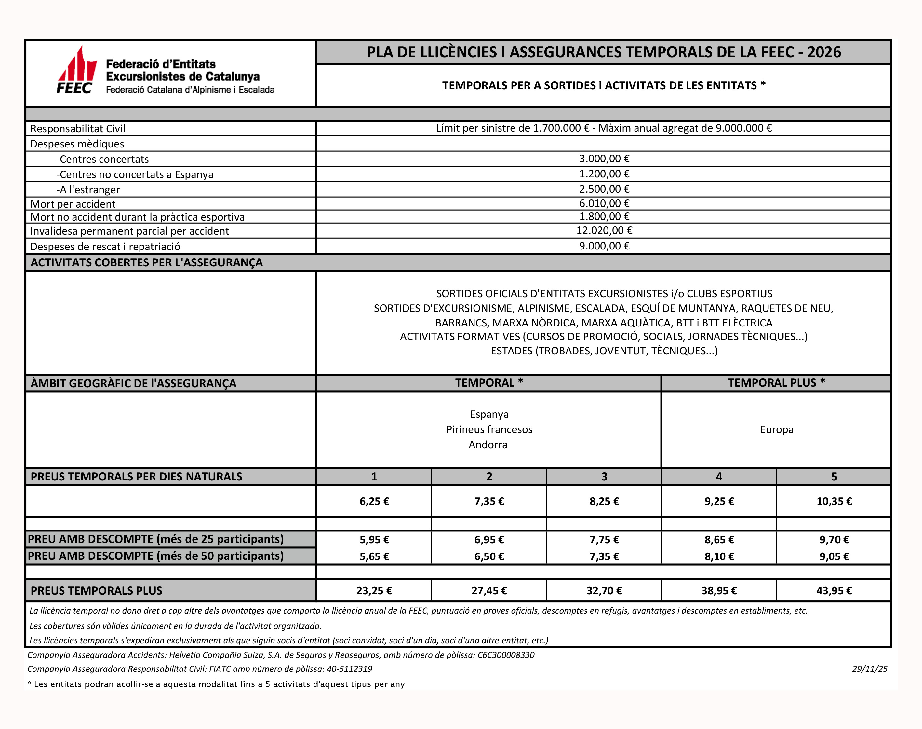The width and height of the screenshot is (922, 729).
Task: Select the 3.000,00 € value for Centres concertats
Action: click(x=604, y=159)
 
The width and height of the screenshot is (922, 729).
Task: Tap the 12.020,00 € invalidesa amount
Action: click(x=604, y=230)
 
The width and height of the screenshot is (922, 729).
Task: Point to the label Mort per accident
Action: click(x=73, y=204)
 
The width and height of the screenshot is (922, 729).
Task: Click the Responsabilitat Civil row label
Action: click(x=78, y=128)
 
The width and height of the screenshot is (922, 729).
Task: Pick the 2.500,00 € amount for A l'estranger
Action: click(x=604, y=189)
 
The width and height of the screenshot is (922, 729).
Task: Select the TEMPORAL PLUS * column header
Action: click(x=776, y=383)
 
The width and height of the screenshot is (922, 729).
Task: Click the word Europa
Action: click(x=776, y=429)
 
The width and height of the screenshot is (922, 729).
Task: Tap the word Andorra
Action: click(x=488, y=445)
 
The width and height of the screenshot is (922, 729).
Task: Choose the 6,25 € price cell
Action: click(x=374, y=501)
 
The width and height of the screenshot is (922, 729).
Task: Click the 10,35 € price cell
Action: click(x=834, y=501)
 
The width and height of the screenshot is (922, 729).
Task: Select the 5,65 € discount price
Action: click(x=374, y=556)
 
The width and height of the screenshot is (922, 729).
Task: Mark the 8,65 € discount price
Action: click(x=719, y=540)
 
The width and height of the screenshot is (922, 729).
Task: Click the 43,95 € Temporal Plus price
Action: click(x=834, y=591)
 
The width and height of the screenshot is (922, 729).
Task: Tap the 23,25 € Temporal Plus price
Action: click(x=374, y=591)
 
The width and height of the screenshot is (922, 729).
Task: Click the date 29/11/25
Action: click(x=869, y=669)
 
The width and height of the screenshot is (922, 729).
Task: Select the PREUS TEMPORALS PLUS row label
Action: click(x=96, y=591)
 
